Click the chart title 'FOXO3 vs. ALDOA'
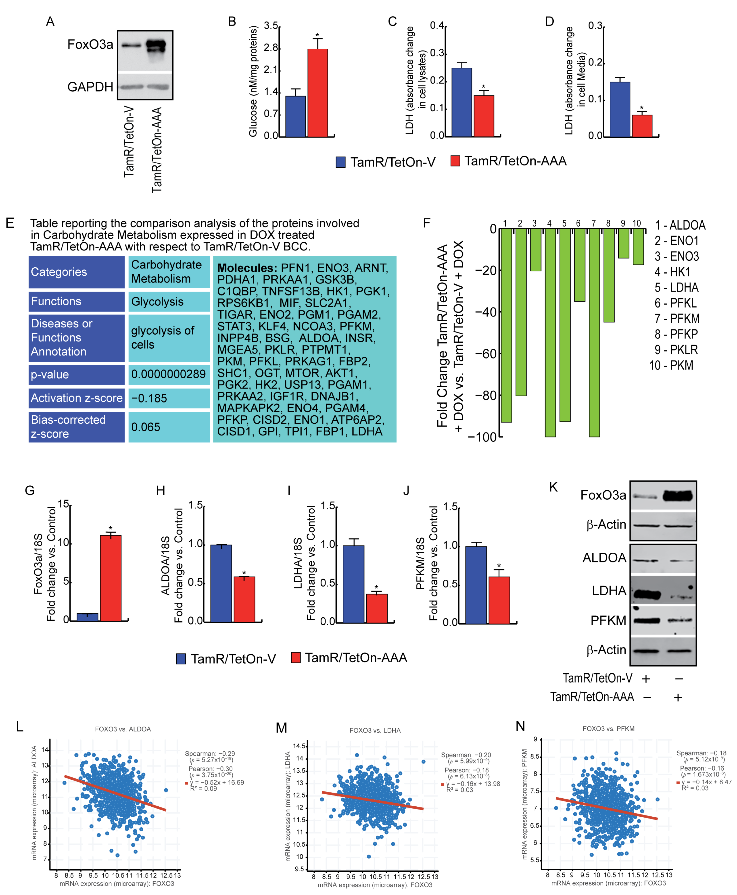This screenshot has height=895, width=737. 123,729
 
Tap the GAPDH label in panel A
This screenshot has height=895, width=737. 90,87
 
